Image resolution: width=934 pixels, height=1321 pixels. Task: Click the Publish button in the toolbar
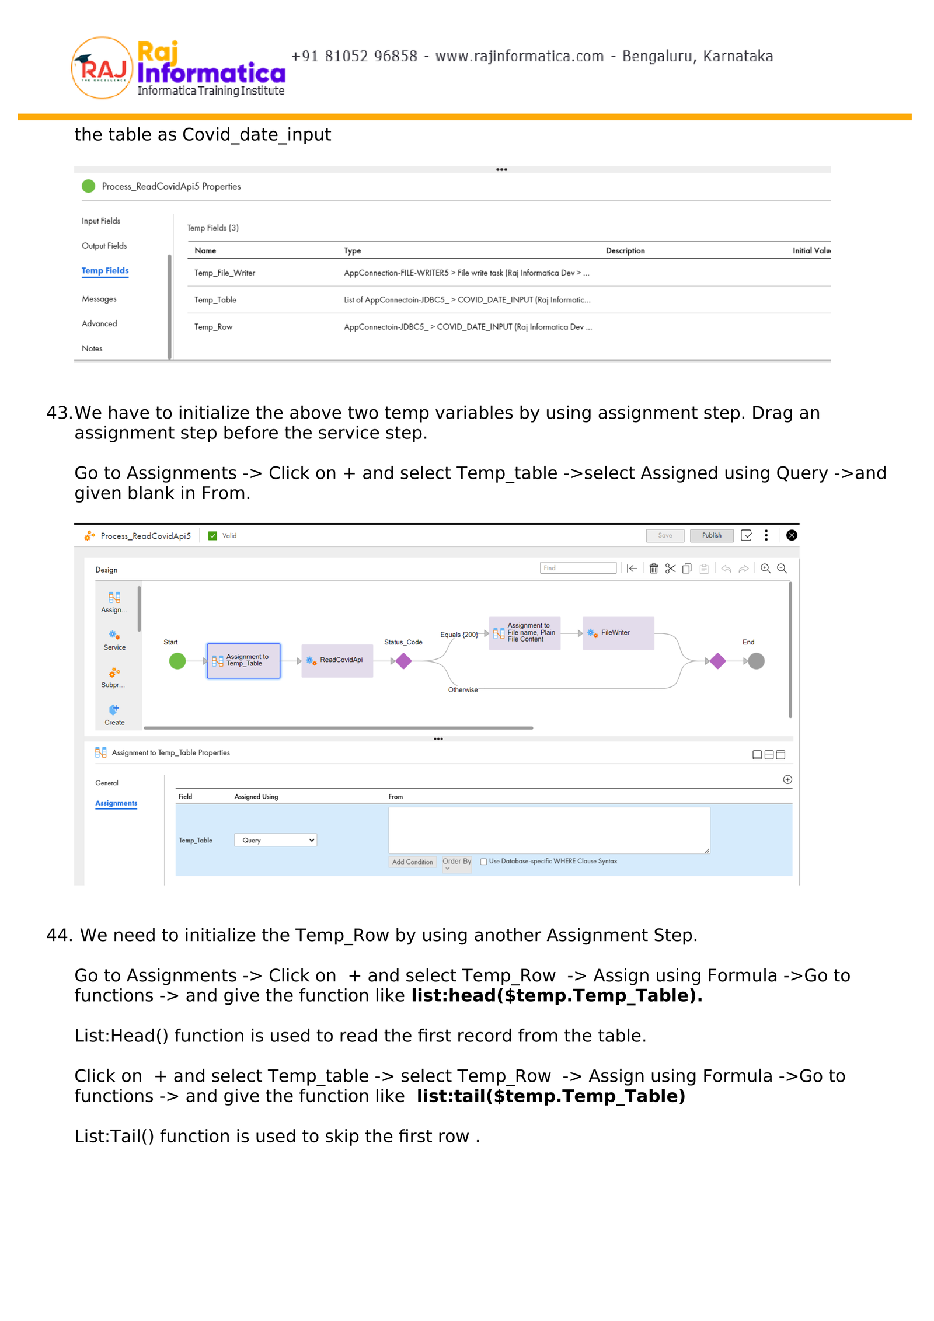(711, 535)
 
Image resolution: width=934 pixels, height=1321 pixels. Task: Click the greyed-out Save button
(664, 535)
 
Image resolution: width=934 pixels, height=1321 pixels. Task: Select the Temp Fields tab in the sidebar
(105, 270)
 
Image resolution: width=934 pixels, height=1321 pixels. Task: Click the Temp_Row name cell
(213, 327)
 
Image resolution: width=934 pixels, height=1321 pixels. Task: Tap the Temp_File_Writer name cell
(225, 273)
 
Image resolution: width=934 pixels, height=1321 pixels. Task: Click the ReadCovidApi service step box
(337, 660)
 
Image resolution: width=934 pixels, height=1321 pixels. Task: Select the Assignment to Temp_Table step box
(243, 660)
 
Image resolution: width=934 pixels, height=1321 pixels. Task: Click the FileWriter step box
(618, 633)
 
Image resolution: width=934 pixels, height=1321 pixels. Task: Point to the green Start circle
(177, 661)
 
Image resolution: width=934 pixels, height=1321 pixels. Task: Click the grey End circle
(756, 661)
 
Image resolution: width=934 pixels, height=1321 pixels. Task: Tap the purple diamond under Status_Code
(403, 661)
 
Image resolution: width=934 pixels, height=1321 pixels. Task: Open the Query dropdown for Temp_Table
(276, 840)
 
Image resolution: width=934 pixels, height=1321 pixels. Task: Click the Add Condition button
(412, 862)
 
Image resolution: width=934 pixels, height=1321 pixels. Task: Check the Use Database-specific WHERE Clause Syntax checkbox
(483, 862)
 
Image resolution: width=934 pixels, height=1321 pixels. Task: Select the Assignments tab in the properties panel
(116, 803)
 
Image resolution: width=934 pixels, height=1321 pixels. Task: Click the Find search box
(578, 568)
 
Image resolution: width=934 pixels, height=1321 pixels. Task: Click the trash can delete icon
(654, 569)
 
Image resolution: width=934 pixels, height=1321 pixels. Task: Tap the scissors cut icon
(670, 569)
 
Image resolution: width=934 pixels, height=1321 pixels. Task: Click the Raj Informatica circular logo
(102, 68)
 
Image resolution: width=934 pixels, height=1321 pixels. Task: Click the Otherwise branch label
(463, 689)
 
